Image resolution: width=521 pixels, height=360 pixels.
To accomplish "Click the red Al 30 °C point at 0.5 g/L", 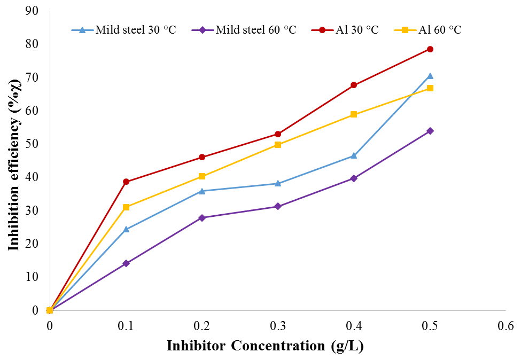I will (430, 49).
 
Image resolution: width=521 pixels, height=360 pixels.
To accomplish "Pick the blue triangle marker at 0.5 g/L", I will (430, 76).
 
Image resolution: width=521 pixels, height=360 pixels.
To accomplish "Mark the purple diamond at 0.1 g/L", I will (126, 263).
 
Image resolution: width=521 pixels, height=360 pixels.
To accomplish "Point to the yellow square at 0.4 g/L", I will (354, 114).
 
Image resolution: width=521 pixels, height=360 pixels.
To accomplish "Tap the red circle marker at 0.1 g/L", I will (126, 182).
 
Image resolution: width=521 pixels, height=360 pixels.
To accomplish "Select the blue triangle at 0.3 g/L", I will (278, 183).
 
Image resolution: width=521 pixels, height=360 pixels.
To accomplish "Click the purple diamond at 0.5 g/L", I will (430, 131).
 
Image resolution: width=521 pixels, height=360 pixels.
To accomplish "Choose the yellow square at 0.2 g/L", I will (202, 176).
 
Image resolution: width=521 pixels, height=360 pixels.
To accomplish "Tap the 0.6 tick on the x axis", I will (506, 325).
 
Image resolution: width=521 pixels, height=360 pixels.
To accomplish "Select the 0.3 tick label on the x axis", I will (278, 325).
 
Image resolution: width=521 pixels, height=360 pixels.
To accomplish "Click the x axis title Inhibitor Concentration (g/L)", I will (265, 346).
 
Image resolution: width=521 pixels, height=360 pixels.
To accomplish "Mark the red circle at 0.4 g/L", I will (354, 85).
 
